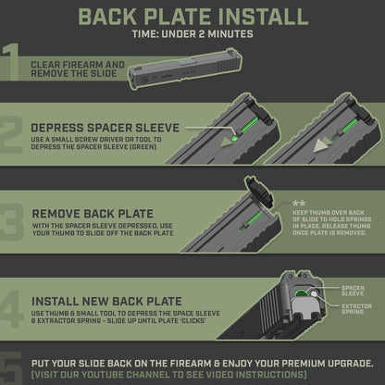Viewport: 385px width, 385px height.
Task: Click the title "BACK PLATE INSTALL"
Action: coord(193,17)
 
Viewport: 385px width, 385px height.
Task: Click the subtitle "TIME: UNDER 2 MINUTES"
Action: coord(192,34)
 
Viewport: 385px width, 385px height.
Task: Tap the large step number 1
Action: coord(10,62)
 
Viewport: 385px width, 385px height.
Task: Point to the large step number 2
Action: coord(11,135)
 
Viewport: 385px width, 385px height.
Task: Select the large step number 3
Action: coord(11,222)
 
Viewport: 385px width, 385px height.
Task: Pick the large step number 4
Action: coord(11,309)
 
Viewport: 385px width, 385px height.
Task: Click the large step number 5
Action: coord(11,368)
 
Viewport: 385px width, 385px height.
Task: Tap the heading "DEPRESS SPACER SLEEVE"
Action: coord(106,128)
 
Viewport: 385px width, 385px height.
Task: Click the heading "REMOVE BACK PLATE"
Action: coord(93,214)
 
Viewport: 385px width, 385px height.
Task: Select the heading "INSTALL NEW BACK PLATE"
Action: coord(107,302)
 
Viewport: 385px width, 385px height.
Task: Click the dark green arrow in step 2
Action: coord(227,143)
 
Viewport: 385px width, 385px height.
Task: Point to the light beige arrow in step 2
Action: coord(321,145)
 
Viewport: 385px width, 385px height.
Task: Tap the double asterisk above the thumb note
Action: coord(299,204)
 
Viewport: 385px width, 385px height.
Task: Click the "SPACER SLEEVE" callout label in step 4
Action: coord(353,291)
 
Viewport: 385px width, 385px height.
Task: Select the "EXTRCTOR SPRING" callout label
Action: coord(356,309)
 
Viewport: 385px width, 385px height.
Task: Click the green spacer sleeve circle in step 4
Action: coord(300,292)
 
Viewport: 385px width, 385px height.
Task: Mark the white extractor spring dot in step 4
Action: coord(315,293)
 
